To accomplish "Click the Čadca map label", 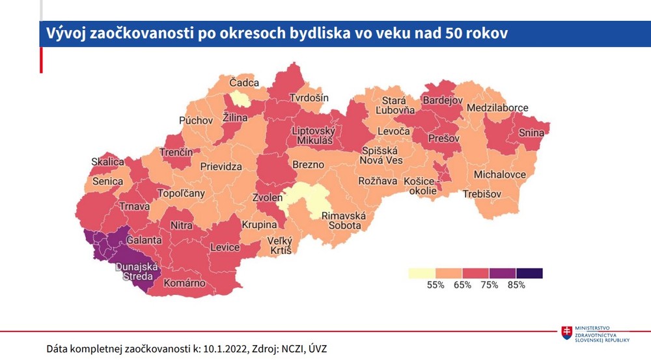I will (244, 83).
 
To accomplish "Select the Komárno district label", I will (184, 283).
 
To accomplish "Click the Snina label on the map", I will (531, 133).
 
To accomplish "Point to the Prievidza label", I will (221, 166).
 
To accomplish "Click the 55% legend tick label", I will (435, 285).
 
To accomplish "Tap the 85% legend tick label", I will (516, 285).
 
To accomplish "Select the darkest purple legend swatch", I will (529, 273).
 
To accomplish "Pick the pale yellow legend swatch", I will (421, 273).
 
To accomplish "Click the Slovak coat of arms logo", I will (568, 333).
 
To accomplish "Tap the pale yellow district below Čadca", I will (238, 99).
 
